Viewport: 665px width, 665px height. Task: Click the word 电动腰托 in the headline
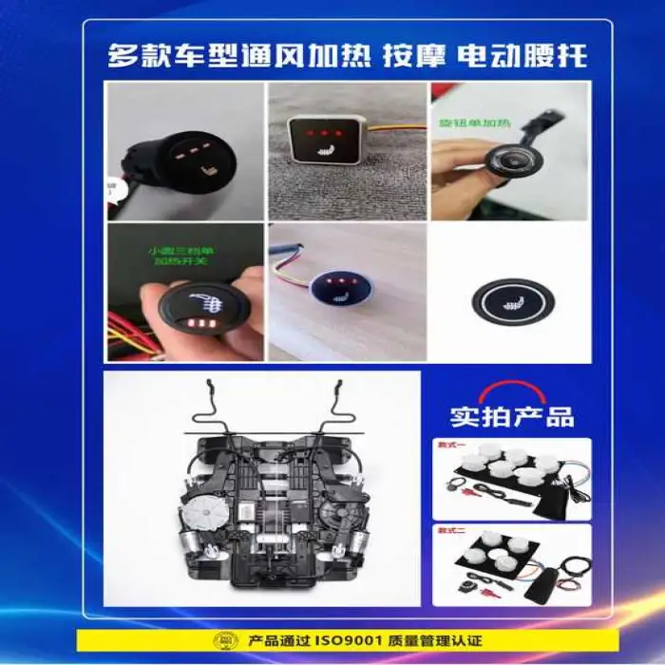coord(522,54)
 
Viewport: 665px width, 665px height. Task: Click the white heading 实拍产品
coord(512,415)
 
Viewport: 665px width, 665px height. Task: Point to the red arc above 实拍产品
coord(512,389)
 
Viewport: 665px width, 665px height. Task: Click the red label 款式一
coord(449,445)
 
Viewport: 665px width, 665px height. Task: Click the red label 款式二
coord(449,530)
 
